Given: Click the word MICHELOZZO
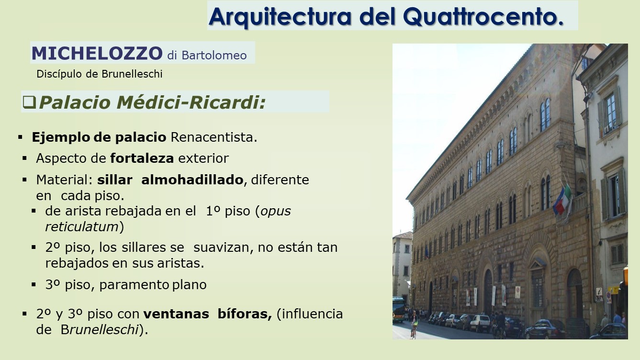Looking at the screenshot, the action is [x=97, y=53].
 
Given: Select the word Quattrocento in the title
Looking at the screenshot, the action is [x=483, y=17].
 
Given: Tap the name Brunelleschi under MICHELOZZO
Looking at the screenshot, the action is [x=132, y=74].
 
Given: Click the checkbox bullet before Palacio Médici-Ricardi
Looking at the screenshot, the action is [x=29, y=102].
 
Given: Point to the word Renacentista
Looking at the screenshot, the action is [x=213, y=137].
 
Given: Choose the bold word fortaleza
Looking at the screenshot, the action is [x=142, y=158].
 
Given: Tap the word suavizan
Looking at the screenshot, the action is [x=224, y=247].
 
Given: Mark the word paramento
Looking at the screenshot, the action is [x=134, y=285].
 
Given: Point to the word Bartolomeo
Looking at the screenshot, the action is [x=214, y=56].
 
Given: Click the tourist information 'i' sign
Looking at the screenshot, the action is [x=599, y=292].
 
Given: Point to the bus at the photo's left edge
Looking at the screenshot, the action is [x=399, y=310].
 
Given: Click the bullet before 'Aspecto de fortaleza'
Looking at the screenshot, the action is [x=24, y=158].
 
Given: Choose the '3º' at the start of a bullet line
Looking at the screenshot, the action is [x=53, y=285].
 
